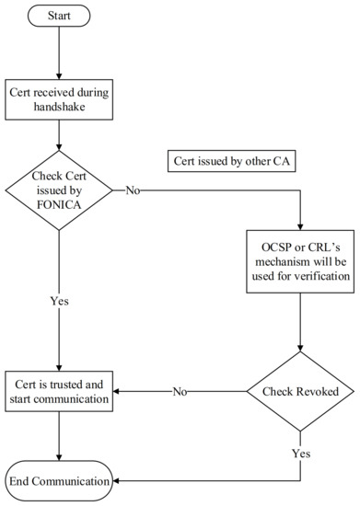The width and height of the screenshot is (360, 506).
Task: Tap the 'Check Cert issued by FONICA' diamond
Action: pyautogui.click(x=60, y=190)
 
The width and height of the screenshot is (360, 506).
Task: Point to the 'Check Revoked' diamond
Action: pyautogui.click(x=300, y=390)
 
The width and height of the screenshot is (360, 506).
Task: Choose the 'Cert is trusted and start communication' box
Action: pyautogui.click(x=60, y=390)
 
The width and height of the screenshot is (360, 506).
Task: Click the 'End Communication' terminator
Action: pyautogui.click(x=60, y=480)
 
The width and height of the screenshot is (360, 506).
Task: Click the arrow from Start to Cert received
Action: pyautogui.click(x=60, y=53)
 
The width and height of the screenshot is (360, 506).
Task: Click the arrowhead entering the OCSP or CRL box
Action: pyautogui.click(x=300, y=228)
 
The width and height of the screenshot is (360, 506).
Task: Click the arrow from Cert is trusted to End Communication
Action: pyautogui.click(x=60, y=436)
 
